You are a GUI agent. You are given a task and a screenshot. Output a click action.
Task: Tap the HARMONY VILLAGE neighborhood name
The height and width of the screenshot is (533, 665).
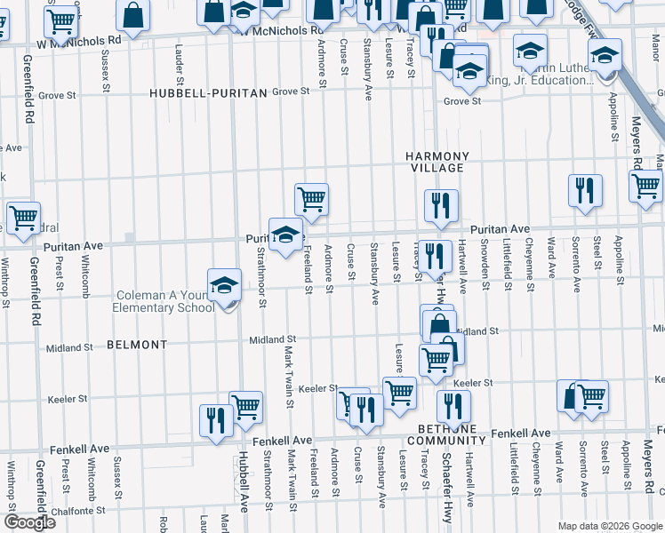437,162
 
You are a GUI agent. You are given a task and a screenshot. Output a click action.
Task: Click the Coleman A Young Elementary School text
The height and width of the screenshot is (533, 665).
164,302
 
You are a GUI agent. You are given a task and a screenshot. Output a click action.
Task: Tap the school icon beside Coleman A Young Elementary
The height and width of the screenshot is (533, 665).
224,286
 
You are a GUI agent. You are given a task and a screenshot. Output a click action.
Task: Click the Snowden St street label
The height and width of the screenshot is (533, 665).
485,262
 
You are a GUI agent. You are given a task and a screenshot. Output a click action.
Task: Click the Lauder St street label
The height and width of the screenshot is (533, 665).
180,60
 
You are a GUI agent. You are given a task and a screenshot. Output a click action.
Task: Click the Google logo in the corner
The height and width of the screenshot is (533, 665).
29,521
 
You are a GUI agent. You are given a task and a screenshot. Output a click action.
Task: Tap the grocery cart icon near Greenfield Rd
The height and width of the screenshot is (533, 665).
22,216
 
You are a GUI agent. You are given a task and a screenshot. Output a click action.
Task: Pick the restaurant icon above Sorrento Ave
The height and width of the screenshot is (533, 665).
585,189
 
